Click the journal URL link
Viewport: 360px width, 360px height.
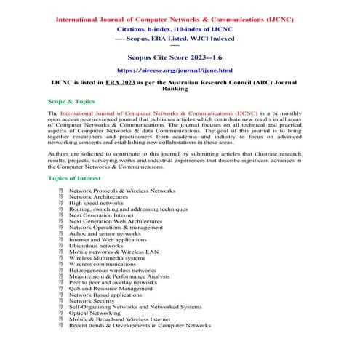coord(180,71)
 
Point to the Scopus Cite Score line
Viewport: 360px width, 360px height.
coord(180,55)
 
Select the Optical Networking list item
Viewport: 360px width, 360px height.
coord(95,313)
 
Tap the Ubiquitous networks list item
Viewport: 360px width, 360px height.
coord(96,245)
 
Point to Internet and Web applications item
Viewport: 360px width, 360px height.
coord(107,239)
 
